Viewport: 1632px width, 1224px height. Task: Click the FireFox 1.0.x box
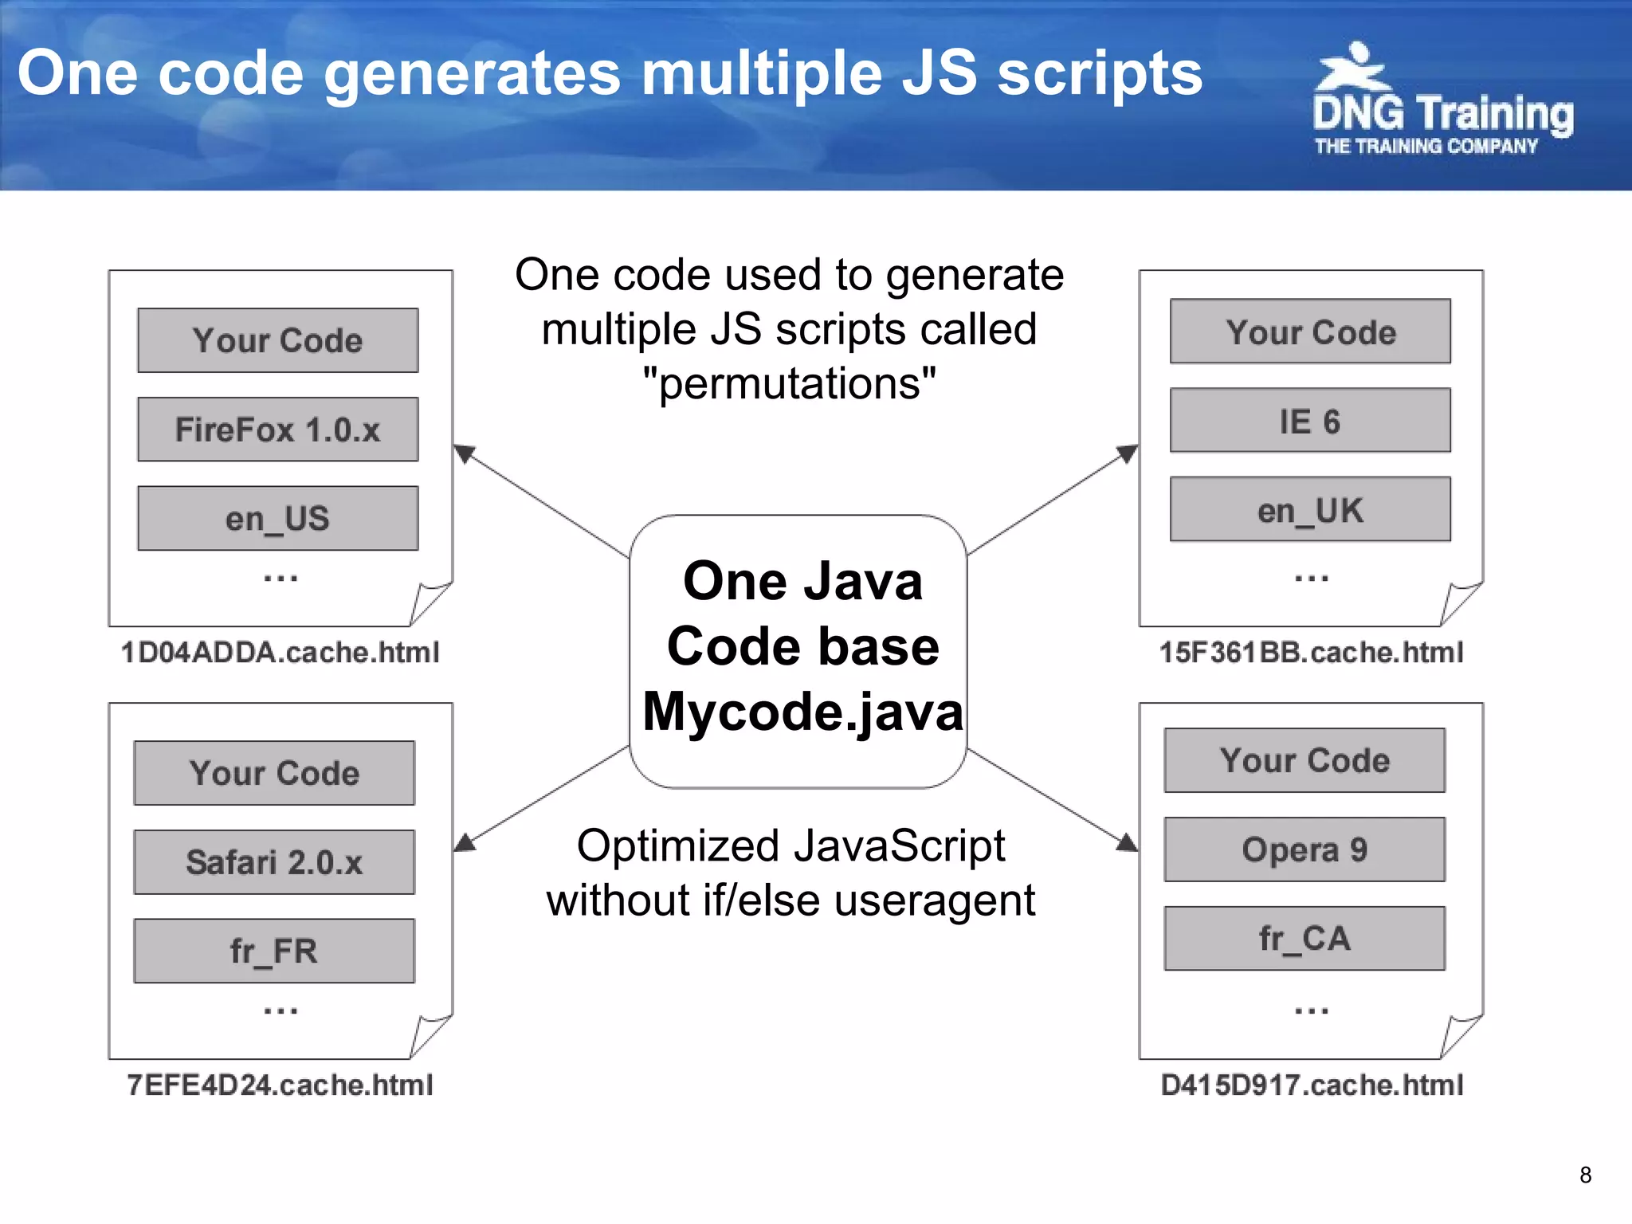277,430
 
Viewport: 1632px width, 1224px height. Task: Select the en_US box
277,519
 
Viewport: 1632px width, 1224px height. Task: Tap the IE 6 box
1309,421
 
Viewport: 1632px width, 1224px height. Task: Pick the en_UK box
1309,510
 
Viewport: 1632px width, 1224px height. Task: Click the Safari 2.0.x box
274,862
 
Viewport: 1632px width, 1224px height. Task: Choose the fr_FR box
274,951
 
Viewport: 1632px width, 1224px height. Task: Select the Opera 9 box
1304,849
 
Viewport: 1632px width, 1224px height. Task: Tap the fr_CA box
1304,938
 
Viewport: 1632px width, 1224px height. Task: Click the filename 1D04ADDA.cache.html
280,653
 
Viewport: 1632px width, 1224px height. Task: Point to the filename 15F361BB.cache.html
1311,653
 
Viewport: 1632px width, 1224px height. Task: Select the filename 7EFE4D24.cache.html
280,1085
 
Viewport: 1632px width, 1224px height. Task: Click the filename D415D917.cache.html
1311,1085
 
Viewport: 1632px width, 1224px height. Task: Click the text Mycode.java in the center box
802,711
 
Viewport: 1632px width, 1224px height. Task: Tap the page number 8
1585,1175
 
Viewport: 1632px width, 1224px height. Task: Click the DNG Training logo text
1442,113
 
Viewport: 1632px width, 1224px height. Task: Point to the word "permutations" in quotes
789,384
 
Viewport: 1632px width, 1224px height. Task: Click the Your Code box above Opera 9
1304,760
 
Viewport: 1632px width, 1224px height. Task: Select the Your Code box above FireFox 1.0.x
277,340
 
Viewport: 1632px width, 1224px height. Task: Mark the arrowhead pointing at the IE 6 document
1128,453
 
